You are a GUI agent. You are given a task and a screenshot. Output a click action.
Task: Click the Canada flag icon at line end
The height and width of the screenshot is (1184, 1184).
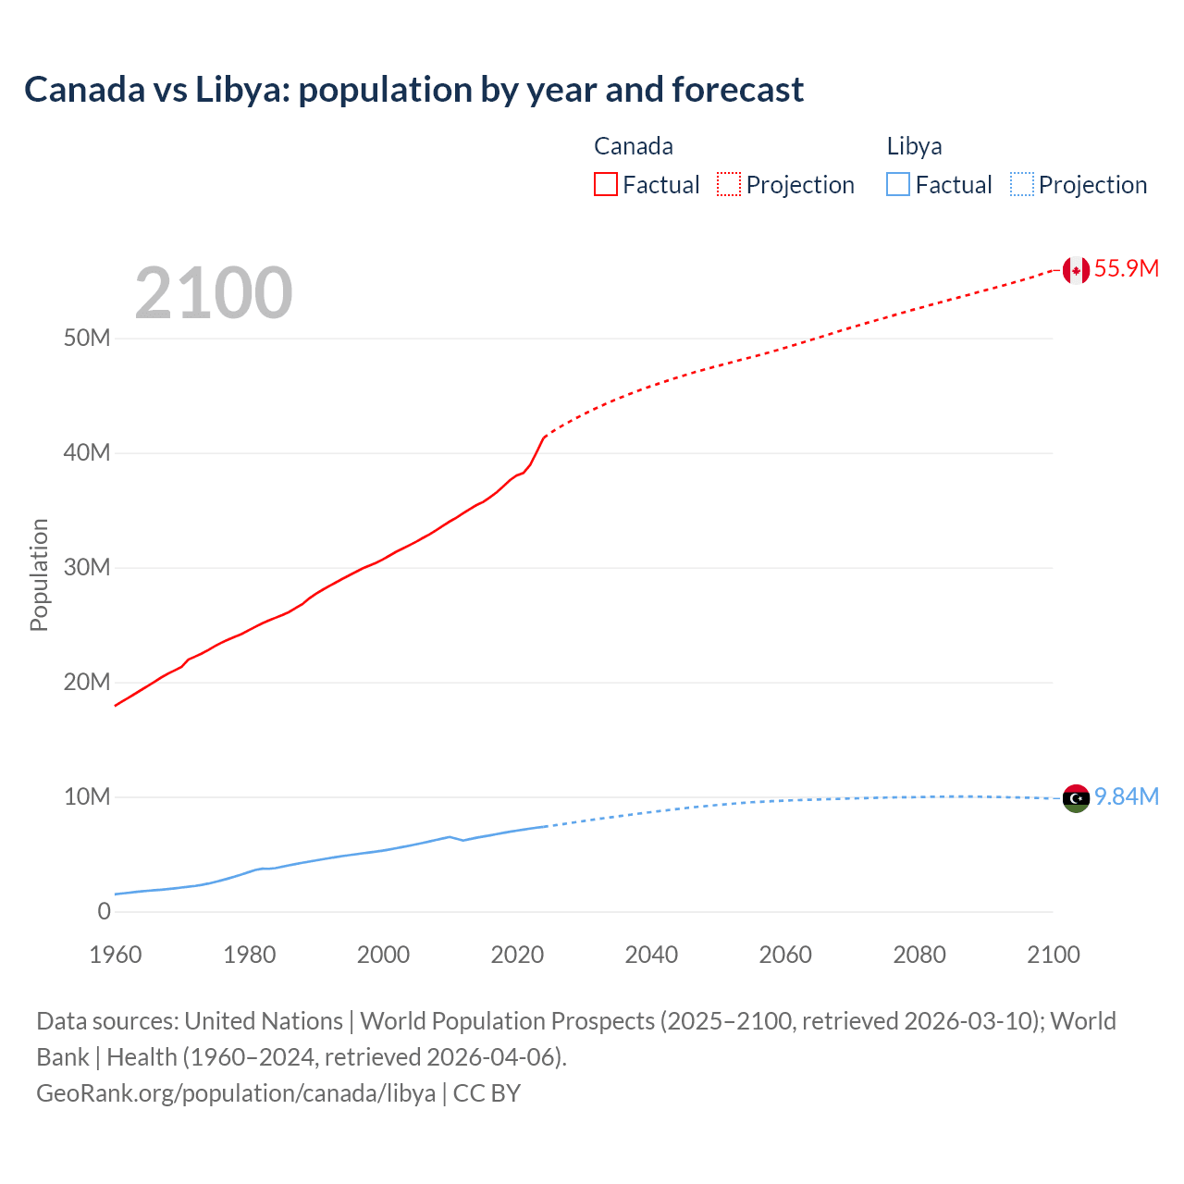click(x=1076, y=270)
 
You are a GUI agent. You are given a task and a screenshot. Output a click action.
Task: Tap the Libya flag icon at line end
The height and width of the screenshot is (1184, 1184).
click(x=1076, y=797)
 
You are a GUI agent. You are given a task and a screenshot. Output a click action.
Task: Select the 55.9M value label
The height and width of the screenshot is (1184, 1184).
click(x=1126, y=269)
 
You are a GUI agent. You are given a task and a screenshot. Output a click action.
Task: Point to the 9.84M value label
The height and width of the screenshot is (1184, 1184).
click(x=1126, y=796)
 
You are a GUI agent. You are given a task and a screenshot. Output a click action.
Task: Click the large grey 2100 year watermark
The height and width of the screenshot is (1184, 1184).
click(x=214, y=293)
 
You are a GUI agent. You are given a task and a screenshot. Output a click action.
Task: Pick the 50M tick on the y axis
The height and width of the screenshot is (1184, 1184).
click(x=87, y=339)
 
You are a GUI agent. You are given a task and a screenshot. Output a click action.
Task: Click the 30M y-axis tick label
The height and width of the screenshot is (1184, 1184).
click(x=87, y=568)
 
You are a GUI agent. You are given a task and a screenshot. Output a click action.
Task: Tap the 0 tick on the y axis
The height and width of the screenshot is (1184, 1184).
click(x=104, y=912)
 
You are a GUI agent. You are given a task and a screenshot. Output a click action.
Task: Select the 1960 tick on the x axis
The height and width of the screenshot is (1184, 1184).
click(x=116, y=955)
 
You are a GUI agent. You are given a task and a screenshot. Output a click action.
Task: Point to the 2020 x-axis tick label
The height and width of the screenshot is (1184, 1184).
click(x=517, y=955)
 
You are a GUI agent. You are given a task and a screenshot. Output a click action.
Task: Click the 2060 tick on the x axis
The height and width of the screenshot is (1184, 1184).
click(x=785, y=955)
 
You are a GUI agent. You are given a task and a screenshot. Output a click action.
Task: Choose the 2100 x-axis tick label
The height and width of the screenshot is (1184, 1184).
click(x=1053, y=955)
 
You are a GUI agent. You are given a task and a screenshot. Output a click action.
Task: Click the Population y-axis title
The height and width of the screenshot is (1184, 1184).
click(x=39, y=574)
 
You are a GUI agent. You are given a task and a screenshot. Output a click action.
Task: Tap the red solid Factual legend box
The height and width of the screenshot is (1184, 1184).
click(x=606, y=185)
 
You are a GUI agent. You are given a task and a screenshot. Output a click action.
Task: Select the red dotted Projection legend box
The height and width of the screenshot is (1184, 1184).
click(x=729, y=185)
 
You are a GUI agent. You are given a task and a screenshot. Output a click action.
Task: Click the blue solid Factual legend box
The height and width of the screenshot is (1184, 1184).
click(x=898, y=185)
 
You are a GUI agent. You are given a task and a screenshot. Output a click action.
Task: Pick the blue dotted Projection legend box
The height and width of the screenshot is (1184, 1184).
click(x=1022, y=185)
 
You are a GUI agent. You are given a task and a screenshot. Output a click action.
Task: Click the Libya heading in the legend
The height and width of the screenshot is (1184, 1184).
click(x=914, y=146)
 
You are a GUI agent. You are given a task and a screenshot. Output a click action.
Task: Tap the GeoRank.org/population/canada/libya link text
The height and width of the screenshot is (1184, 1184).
click(x=236, y=1093)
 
